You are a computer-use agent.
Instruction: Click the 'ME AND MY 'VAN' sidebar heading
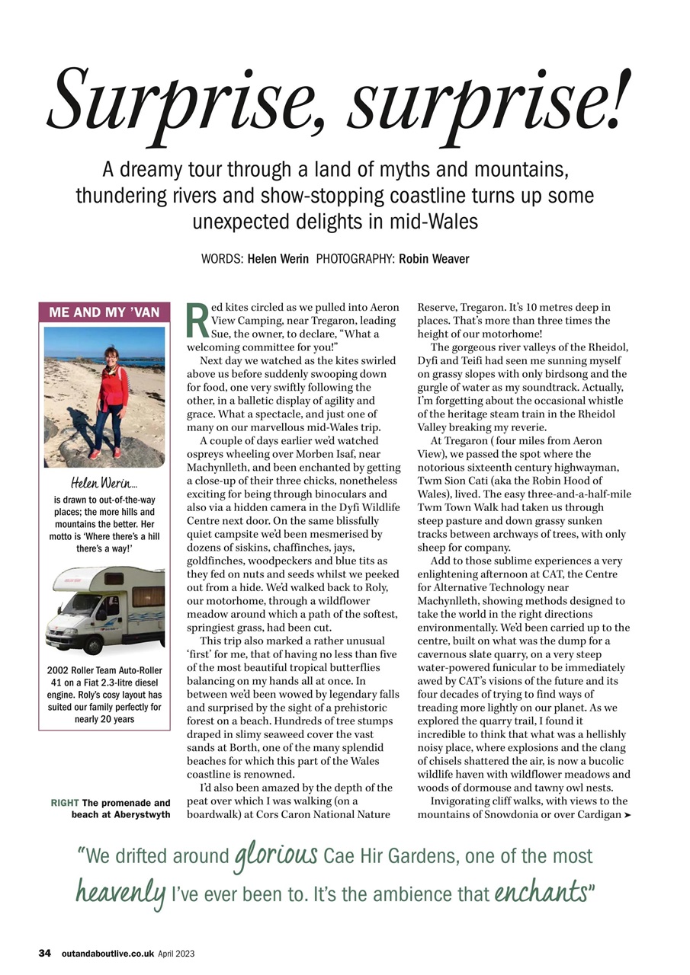(104, 312)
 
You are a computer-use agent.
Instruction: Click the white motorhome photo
(104, 611)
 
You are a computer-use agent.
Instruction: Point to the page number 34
(45, 953)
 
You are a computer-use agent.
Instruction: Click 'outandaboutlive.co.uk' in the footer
(108, 953)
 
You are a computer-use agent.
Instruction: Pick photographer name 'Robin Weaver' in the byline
(433, 259)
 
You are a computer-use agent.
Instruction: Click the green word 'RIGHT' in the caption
(64, 803)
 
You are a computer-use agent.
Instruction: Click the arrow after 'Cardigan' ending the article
(627, 816)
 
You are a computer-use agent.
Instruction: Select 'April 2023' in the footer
(177, 953)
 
